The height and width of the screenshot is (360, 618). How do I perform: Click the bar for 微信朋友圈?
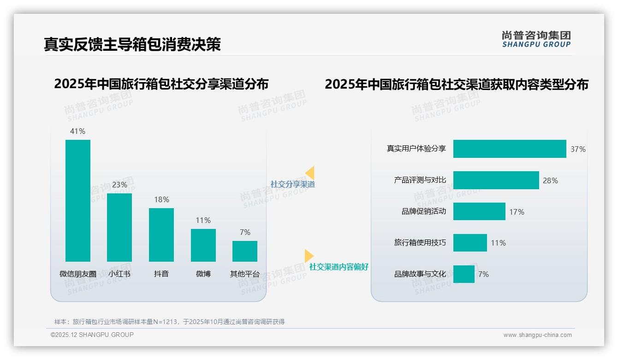(x=78, y=200)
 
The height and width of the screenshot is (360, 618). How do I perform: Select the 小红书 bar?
(x=119, y=227)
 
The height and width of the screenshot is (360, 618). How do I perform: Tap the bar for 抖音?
(x=161, y=234)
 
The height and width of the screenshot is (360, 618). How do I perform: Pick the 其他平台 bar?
(x=245, y=251)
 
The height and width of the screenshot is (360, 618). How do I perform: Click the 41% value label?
(x=77, y=131)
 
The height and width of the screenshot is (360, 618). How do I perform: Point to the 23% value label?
(x=119, y=185)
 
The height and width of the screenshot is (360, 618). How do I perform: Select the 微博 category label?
(x=203, y=274)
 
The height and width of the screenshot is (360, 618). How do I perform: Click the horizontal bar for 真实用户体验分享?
(x=509, y=149)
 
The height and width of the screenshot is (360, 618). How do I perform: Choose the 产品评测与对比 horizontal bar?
(x=496, y=180)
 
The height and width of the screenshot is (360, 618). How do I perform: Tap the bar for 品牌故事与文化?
(x=463, y=274)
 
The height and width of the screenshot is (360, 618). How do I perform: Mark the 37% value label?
(x=578, y=149)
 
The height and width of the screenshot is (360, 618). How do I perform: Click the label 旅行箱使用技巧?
(x=420, y=243)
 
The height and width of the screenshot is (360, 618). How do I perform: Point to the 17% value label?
(x=517, y=212)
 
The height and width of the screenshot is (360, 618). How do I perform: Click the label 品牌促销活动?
(x=423, y=212)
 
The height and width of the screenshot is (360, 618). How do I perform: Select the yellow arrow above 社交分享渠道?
(x=310, y=173)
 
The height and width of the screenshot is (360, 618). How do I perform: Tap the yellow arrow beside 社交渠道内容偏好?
(x=309, y=255)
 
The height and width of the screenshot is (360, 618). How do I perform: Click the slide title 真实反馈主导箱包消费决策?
(x=132, y=44)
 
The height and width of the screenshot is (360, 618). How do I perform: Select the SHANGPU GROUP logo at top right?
(x=536, y=39)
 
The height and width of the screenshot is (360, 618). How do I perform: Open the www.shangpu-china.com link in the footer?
(x=537, y=335)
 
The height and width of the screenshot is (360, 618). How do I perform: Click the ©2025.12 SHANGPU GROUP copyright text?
(x=92, y=335)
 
